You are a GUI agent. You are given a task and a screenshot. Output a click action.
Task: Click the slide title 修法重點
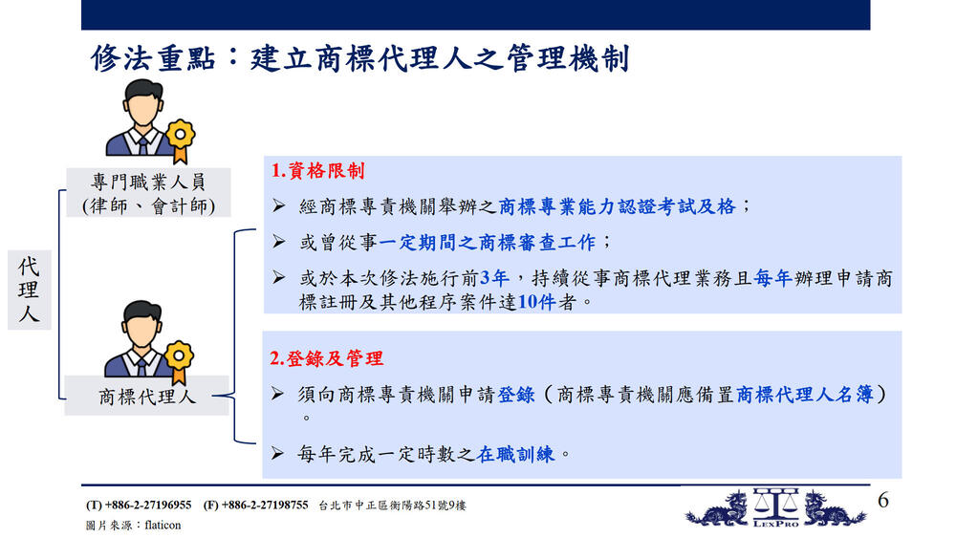click(153, 58)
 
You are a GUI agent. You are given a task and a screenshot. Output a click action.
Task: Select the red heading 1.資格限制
click(317, 171)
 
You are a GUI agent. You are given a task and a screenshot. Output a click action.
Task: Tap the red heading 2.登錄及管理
click(326, 358)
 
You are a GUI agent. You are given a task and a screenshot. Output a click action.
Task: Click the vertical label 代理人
click(29, 290)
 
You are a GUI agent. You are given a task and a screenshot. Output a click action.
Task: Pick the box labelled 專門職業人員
click(149, 192)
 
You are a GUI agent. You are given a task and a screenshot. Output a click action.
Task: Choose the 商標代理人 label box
click(147, 396)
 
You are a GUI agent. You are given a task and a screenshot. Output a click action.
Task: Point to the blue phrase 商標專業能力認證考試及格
click(617, 206)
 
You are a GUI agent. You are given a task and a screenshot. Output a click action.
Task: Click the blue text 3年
click(494, 278)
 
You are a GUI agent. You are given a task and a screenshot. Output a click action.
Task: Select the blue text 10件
click(536, 302)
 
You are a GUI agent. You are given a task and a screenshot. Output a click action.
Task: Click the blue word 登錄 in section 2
click(516, 395)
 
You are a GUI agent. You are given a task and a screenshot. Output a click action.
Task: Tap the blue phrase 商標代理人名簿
click(804, 395)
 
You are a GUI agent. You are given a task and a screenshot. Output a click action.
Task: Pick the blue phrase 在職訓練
click(516, 454)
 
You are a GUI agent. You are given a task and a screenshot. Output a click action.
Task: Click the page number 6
click(882, 500)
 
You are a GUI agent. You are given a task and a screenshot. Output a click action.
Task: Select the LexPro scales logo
click(775, 506)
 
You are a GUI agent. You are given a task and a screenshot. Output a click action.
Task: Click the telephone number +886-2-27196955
click(148, 506)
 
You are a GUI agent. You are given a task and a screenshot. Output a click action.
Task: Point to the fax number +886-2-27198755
click(265, 506)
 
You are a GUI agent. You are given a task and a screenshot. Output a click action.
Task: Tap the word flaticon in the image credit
click(163, 526)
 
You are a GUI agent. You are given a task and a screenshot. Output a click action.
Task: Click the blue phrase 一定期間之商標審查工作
click(488, 243)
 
